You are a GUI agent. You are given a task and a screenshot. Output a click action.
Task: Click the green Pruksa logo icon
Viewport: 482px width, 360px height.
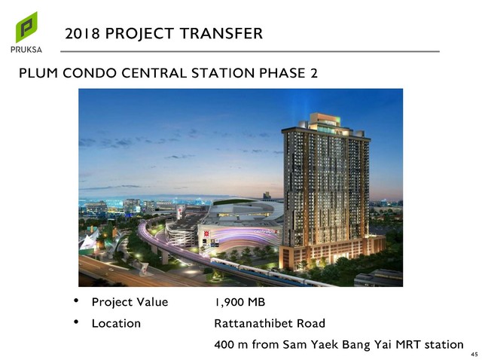coord(26,27)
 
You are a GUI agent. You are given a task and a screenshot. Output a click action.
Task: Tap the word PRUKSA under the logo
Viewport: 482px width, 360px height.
coord(26,50)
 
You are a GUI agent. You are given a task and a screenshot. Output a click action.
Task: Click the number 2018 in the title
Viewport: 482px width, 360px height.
coord(82,33)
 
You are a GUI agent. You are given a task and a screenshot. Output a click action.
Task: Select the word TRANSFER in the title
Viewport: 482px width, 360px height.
coord(221,33)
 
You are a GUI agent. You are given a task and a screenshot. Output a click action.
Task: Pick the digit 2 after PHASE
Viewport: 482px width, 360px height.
coord(314,73)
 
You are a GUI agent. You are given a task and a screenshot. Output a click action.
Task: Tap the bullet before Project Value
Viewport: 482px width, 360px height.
coord(76,301)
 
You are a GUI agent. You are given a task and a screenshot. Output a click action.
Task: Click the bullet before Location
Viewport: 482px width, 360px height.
coord(76,322)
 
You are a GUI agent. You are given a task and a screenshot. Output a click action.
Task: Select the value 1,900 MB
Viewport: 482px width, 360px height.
coord(239,302)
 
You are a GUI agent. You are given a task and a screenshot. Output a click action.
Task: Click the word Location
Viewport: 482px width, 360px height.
coord(116,323)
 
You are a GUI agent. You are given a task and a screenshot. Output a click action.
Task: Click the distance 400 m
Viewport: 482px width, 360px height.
coord(231,345)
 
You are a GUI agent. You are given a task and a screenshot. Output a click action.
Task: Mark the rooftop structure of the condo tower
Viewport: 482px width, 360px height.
coord(327,124)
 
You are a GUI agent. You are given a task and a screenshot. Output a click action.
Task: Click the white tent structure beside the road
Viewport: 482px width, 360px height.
coord(89,239)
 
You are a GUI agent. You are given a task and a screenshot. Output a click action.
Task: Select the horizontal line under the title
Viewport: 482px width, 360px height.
coord(250,51)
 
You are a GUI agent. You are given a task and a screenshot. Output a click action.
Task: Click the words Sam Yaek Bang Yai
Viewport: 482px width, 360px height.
coord(337,345)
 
